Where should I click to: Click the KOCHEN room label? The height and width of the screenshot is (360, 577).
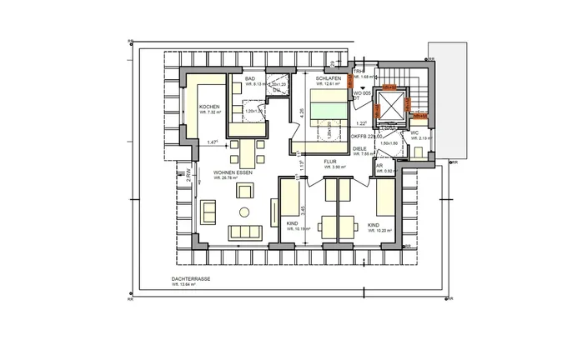pyautogui.click(x=208, y=108)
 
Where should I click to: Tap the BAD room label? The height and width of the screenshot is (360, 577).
pyautogui.click(x=249, y=77)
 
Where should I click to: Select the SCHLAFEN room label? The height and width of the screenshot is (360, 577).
pyautogui.click(x=328, y=77)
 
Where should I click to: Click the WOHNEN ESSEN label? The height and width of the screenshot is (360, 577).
pyautogui.click(x=233, y=172)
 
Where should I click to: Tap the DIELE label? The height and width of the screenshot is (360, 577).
pyautogui.click(x=359, y=147)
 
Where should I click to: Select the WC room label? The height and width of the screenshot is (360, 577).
pyautogui.click(x=414, y=132)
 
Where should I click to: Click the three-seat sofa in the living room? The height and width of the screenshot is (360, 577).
pyautogui.click(x=244, y=231)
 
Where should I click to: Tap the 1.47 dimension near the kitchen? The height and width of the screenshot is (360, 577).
pyautogui.click(x=213, y=142)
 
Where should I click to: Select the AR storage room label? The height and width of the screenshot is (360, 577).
pyautogui.click(x=379, y=165)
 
